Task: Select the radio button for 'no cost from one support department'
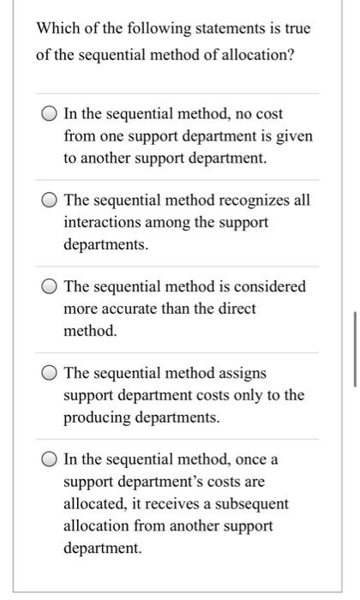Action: pos(50,115)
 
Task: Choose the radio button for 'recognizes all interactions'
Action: pos(50,201)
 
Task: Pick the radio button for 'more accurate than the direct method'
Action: pos(50,287)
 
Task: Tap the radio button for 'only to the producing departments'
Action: pos(50,374)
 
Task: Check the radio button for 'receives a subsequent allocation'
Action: pos(50,459)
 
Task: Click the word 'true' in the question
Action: pos(296,29)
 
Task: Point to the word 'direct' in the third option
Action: pos(237,309)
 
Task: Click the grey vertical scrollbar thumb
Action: pos(354,351)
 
